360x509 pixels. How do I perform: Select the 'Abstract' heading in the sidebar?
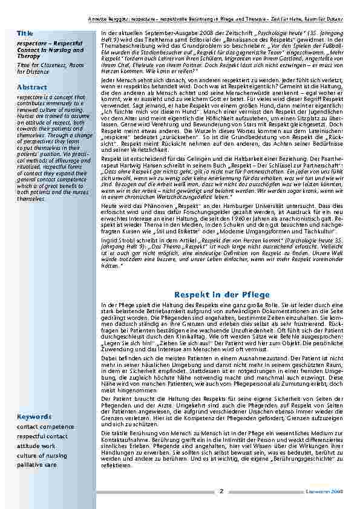[x=32, y=87]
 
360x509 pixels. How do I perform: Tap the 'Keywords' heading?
[x=34, y=417]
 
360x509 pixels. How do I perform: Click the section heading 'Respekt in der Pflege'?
[x=221, y=294]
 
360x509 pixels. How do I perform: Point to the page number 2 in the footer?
[x=221, y=491]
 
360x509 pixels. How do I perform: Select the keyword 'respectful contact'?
[x=42, y=435]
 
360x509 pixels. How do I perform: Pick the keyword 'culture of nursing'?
[x=42, y=455]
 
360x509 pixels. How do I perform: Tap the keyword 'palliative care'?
[x=38, y=465]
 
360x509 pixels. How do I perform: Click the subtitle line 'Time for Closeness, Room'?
[x=51, y=64]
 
